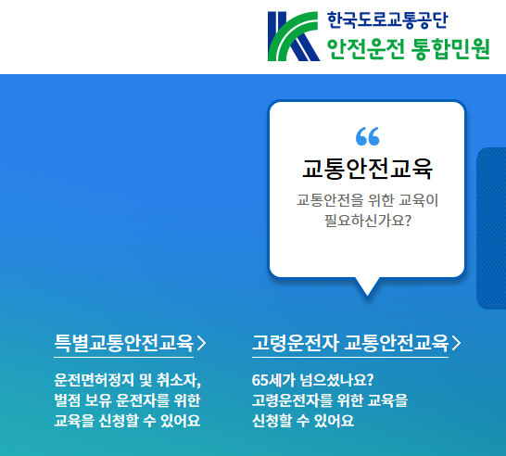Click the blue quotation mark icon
[x=367, y=136]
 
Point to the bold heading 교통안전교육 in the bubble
[x=367, y=169]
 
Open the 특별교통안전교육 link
[x=124, y=343]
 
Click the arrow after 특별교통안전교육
[x=202, y=343]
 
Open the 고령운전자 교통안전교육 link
[x=349, y=343]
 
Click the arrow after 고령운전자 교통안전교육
[x=455, y=343]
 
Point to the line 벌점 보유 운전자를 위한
[x=127, y=400]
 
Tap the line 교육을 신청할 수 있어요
[x=127, y=421]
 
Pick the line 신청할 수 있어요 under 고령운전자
[x=302, y=421]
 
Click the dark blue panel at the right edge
[x=492, y=228]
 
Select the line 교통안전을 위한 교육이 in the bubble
[x=367, y=199]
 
